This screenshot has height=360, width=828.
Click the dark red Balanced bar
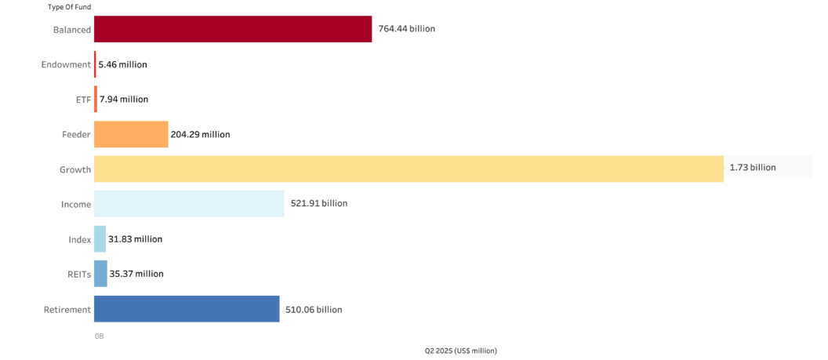[232, 29]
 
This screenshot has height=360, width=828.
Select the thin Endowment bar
[95, 64]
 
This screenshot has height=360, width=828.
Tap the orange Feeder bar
[131, 134]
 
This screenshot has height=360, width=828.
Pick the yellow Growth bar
[409, 169]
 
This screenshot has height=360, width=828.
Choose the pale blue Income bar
[189, 204]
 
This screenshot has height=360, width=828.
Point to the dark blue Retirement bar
[187, 309]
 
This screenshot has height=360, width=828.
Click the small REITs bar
[100, 274]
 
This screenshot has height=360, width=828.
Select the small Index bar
[100, 238]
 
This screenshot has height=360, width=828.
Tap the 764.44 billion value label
[406, 29]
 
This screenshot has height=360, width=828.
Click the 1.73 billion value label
[752, 168]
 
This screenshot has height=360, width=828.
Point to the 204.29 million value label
[200, 135]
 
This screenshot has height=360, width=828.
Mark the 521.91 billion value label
[318, 204]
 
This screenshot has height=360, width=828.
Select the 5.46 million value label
[122, 64]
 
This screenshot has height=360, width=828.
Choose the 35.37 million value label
[136, 274]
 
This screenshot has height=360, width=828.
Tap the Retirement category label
[67, 310]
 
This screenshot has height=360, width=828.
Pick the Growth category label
[75, 169]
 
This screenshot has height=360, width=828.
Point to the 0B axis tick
[99, 336]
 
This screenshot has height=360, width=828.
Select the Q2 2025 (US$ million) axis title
[461, 351]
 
